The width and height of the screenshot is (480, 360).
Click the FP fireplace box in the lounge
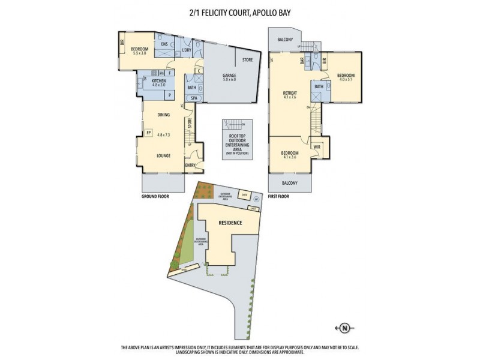(148, 133)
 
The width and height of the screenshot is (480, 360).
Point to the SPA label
(194, 98)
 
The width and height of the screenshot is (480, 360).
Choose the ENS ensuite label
(164, 43)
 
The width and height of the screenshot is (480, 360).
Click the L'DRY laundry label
(187, 50)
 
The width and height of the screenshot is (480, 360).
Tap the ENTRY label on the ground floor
(191, 165)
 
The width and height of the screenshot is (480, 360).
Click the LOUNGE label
(164, 155)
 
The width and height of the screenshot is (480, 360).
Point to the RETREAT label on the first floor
(290, 93)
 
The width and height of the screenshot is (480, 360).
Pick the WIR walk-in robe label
(317, 146)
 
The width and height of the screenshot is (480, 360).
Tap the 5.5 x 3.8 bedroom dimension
(139, 53)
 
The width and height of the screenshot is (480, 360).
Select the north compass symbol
(344, 328)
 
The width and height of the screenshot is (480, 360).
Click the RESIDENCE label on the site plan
(229, 223)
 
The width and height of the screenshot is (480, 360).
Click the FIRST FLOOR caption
(281, 196)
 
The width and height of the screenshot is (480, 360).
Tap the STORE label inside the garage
(247, 60)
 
